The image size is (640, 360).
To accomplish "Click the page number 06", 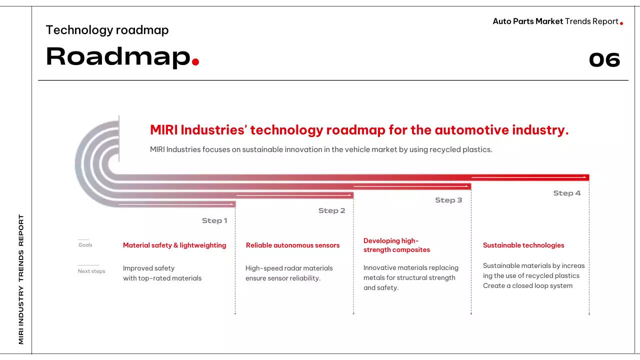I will coord(604,60).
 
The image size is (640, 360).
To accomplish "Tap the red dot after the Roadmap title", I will coord(195,61).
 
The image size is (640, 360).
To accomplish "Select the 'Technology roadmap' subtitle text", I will coord(107,30).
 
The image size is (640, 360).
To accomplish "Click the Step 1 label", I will coord(214,220).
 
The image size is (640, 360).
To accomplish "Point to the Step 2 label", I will coord(331,210).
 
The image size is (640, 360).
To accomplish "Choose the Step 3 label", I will coord(448,200).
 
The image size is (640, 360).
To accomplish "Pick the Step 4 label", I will coord(566,193).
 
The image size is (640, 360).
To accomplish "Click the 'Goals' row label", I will coord(85,245).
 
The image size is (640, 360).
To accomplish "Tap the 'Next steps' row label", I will coord(91,271).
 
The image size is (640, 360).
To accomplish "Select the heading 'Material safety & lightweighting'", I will coord(174,245).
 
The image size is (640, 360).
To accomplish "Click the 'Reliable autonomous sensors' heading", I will coord(292,245).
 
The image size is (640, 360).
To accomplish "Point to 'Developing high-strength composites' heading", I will coord(396,245).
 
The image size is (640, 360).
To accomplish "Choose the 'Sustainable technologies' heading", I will coord(523,245).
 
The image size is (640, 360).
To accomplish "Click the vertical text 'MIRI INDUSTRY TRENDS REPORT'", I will coord(21,279).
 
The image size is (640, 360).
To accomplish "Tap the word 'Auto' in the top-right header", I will coord(502,21).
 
